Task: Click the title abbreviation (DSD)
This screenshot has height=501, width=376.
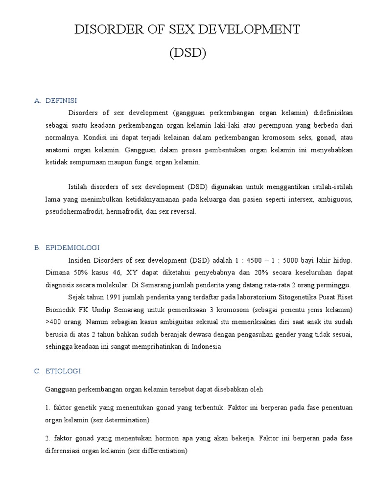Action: click(x=188, y=53)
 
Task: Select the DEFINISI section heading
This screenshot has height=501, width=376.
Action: click(x=61, y=101)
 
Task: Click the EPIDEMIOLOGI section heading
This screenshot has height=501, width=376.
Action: click(x=72, y=248)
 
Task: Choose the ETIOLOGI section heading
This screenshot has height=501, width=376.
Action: click(x=63, y=371)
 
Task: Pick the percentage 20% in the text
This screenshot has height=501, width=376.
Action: click(x=273, y=272)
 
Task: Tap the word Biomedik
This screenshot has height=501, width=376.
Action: click(x=58, y=310)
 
